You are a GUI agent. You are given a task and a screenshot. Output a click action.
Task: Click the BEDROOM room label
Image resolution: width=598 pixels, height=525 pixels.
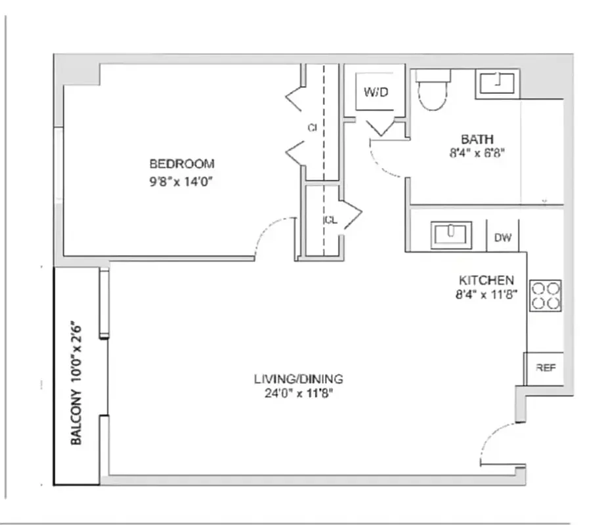tap(182, 164)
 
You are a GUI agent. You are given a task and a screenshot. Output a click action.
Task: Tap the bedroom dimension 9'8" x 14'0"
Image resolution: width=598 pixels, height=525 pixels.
tap(182, 180)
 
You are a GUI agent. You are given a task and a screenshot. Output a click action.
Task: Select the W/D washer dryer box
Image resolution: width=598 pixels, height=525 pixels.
tap(376, 93)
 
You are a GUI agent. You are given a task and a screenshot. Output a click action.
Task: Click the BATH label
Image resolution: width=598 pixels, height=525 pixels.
tap(477, 139)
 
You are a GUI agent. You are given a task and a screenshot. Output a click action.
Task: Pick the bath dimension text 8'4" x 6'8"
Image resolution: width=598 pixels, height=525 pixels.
tap(477, 154)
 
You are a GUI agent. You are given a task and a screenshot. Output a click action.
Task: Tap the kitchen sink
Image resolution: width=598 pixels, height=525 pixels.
tap(451, 234)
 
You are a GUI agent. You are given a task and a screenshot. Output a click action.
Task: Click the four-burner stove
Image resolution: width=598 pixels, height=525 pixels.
tap(545, 295)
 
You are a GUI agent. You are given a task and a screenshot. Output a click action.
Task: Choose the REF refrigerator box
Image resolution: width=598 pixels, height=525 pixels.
tap(545, 368)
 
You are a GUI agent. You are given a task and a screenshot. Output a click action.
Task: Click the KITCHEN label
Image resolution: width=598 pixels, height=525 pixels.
tap(486, 280)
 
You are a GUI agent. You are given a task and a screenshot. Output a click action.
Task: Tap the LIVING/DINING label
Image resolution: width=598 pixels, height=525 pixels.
tap(299, 379)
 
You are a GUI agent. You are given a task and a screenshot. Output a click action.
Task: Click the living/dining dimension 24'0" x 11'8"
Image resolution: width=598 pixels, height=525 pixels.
tap(299, 394)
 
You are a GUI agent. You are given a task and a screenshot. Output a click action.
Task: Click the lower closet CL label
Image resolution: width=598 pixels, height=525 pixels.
tap(330, 220)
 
